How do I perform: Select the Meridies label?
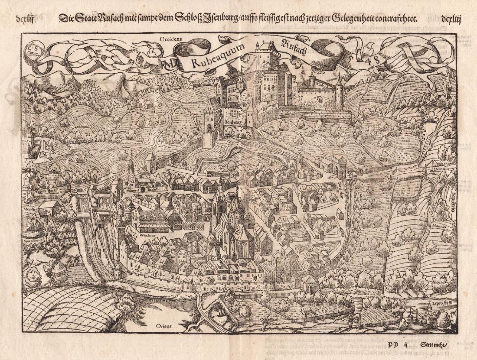29,208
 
